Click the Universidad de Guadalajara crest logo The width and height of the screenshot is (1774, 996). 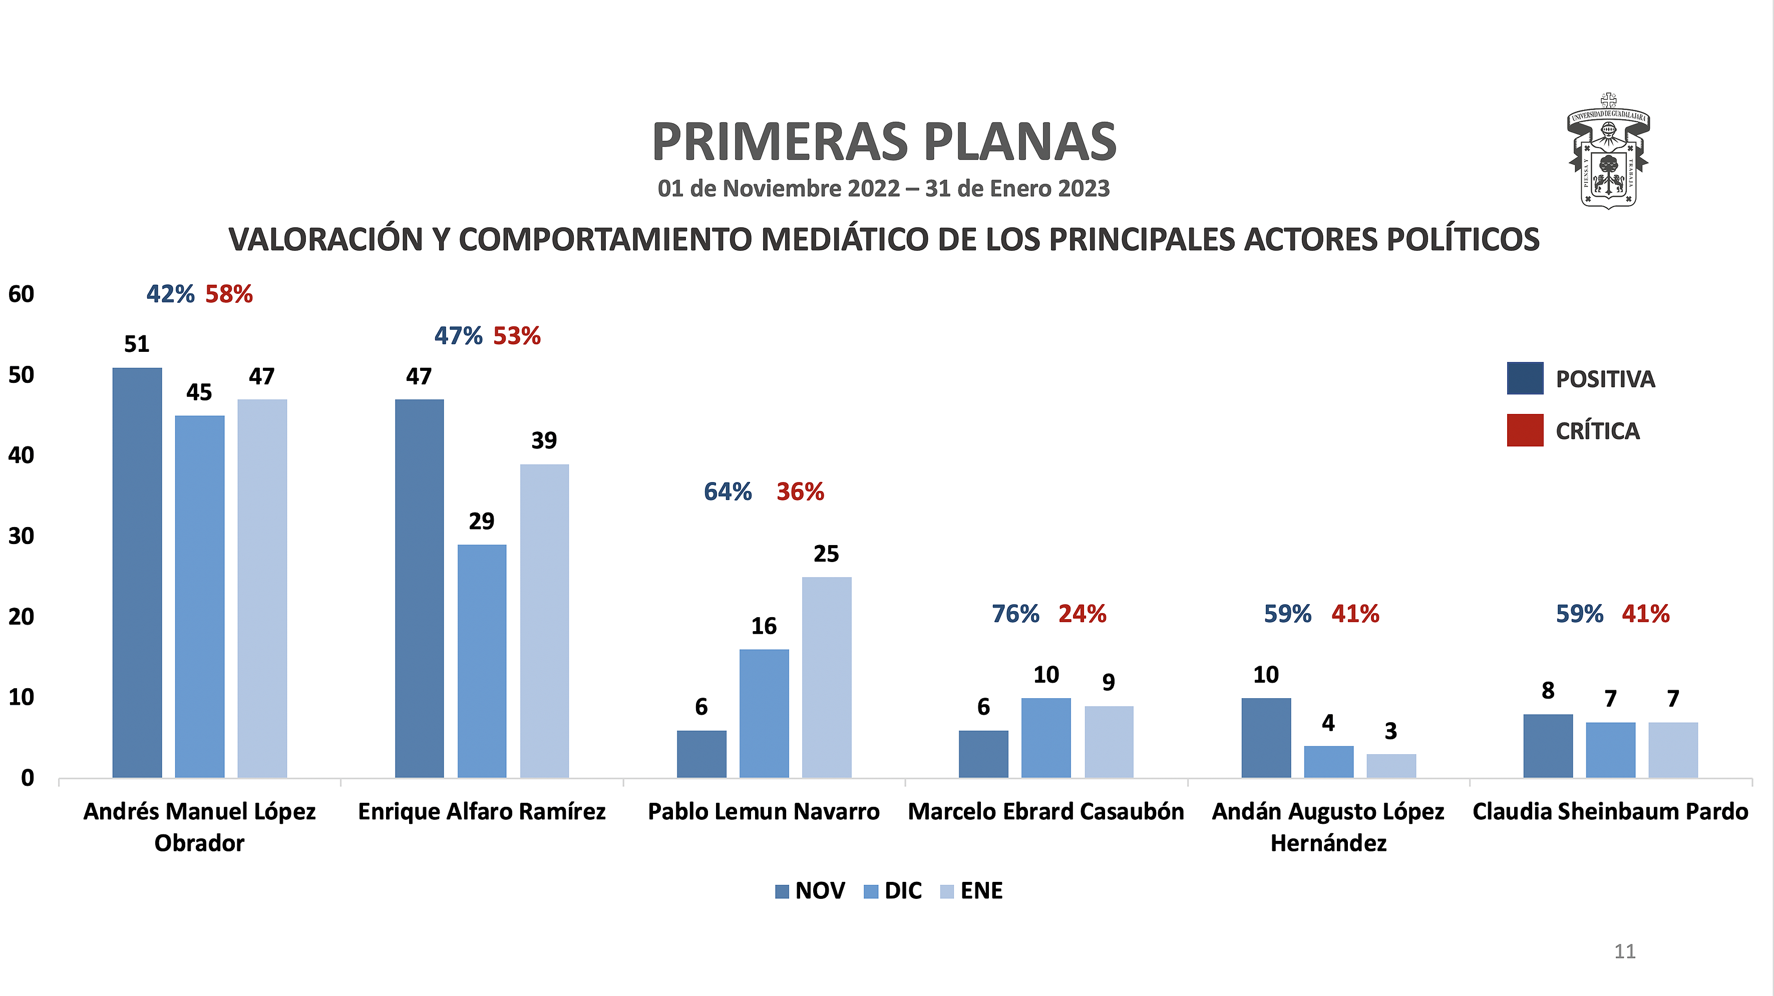tap(1608, 152)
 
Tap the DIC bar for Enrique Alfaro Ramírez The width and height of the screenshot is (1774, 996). tap(481, 661)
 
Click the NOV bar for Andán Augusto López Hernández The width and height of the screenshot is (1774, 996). tap(1266, 738)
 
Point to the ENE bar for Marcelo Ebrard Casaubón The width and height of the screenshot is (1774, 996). tap(1109, 742)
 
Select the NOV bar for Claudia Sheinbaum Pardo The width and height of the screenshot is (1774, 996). tap(1548, 746)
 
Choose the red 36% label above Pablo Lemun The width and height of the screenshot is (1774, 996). tap(800, 492)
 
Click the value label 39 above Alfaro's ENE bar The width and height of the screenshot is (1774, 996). tap(544, 440)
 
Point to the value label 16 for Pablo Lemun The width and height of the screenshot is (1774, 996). tap(764, 626)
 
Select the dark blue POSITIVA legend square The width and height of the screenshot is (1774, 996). tap(1525, 378)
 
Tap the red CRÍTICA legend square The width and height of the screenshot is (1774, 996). tap(1525, 430)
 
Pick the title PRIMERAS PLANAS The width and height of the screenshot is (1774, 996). tap(884, 142)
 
